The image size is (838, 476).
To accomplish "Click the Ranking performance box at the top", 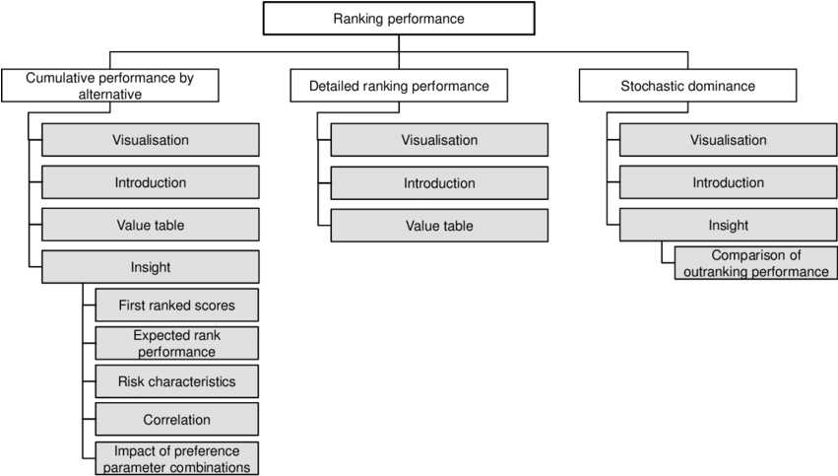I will [398, 19].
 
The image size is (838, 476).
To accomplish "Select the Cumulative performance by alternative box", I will [109, 86].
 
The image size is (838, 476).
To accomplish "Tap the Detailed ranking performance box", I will [399, 86].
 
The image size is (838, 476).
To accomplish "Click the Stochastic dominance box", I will [687, 86].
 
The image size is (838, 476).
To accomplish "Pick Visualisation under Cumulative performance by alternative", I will [150, 140].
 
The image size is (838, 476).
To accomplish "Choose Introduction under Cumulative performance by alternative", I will [150, 183].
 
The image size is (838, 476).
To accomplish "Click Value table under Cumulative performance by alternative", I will [150, 226].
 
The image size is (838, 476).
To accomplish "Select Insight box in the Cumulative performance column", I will [150, 267].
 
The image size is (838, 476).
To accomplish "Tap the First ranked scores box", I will [177, 306].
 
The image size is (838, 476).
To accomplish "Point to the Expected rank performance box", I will [177, 343].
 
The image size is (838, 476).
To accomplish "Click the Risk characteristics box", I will [177, 381].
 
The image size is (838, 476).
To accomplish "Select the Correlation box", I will [177, 419].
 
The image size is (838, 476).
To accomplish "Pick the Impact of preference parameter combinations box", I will [177, 458].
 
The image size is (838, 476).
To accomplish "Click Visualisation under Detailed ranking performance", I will [439, 140].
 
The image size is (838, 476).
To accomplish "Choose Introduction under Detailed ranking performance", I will [439, 183].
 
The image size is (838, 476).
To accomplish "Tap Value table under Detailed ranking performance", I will [439, 226].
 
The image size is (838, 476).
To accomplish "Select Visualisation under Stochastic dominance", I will [728, 140].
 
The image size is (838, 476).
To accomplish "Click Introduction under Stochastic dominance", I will [728, 183].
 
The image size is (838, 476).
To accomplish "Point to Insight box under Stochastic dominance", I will [728, 226].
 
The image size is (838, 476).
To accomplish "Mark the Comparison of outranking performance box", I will [755, 263].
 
